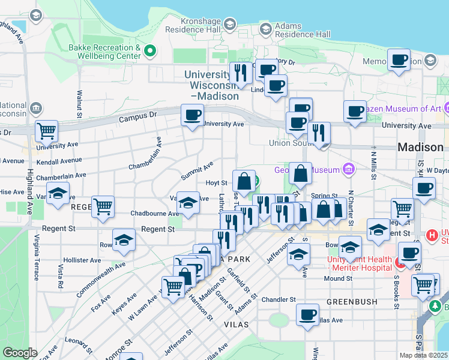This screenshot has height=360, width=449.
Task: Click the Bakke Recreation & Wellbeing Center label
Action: [104, 52]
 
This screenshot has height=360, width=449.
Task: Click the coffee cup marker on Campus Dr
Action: [192, 115]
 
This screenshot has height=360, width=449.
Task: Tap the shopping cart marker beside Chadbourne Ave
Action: [103, 207]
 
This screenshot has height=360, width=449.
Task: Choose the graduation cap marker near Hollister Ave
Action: [124, 240]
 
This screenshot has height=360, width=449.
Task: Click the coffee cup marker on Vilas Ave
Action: [308, 314]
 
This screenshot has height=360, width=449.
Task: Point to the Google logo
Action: [20, 353]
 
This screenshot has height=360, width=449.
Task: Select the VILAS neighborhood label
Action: [236, 323]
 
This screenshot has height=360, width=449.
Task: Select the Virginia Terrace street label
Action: [37, 257]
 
